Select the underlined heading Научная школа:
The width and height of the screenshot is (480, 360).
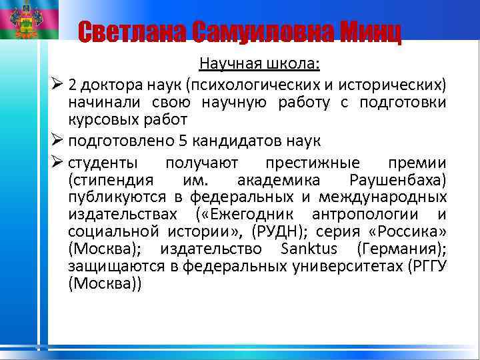[x=259, y=65]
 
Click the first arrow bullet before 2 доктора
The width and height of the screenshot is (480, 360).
[x=57, y=85]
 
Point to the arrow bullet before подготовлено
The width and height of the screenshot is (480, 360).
[x=57, y=141]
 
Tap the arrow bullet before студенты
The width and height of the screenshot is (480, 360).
[x=57, y=162]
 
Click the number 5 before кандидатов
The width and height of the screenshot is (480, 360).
[x=183, y=142]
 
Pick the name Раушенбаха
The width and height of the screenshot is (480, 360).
[x=397, y=180]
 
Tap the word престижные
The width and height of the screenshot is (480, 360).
[x=312, y=163]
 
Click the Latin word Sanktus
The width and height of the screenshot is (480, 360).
[x=305, y=249]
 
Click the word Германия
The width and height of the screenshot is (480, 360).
[x=398, y=249]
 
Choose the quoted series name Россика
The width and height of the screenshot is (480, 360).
[x=411, y=232]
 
